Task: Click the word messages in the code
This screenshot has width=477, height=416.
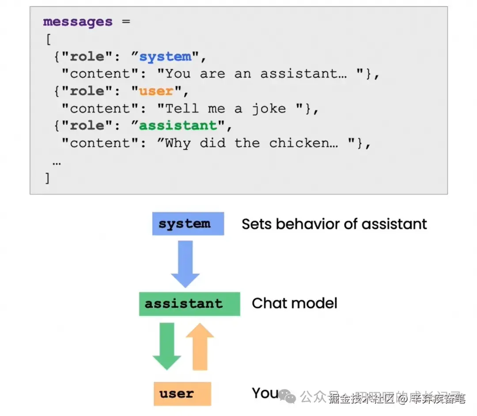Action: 78,22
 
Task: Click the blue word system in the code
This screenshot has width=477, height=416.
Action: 165,57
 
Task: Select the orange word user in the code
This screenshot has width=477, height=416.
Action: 156,91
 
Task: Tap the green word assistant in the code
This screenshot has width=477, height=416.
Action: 178,125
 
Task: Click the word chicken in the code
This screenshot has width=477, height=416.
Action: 304,143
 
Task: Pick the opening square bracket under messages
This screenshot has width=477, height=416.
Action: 48,39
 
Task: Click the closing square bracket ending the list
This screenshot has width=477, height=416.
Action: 48,178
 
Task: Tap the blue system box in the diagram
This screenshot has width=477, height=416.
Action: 188,223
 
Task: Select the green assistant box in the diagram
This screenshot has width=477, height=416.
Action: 189,303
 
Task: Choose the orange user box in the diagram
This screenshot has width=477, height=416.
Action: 182,393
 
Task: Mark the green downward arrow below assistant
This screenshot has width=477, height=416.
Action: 167,346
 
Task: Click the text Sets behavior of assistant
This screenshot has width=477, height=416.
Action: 334,224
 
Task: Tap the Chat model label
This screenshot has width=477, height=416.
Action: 294,303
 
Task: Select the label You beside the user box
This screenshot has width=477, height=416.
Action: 265,393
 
